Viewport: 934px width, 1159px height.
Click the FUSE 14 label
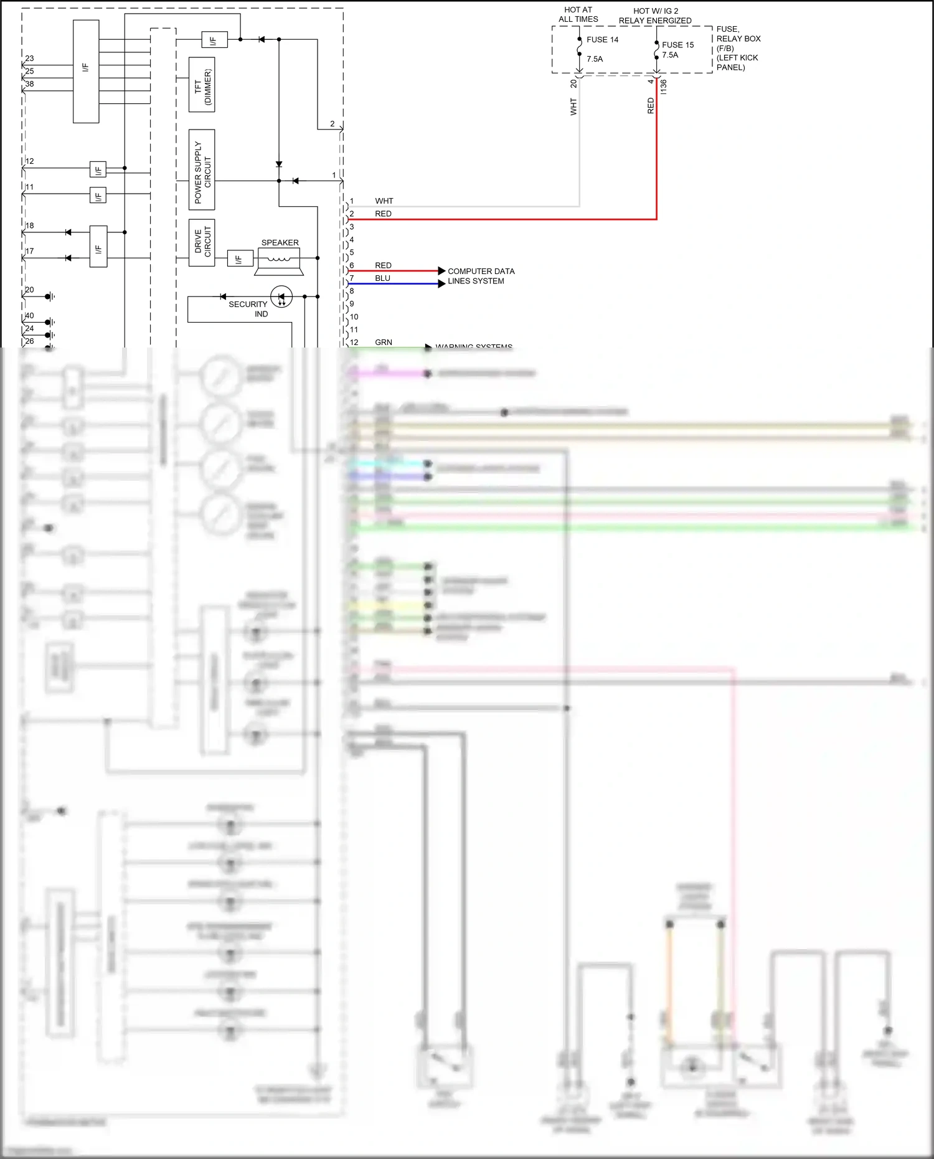(602, 40)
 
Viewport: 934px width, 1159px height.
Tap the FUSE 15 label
(677, 45)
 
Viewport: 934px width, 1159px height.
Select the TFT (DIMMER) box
(202, 85)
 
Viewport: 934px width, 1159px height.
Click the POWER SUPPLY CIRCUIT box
(202, 169)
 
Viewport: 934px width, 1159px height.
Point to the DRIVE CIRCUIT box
(202, 242)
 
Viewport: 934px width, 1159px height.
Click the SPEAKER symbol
(280, 260)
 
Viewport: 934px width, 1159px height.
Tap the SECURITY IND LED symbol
(281, 296)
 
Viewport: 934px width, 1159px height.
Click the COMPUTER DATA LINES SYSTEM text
(481, 276)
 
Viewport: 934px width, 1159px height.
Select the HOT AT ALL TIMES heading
(578, 14)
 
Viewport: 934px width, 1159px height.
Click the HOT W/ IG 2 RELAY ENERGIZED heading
(655, 16)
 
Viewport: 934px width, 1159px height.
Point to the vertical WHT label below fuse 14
(573, 106)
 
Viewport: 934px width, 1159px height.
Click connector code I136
(664, 87)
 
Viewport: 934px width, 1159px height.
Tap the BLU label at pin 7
(382, 278)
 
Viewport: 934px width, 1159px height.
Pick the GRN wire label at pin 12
(384, 342)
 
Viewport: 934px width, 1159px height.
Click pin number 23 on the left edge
(29, 59)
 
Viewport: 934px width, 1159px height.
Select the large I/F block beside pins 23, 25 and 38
(86, 71)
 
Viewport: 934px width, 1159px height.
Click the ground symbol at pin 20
(52, 296)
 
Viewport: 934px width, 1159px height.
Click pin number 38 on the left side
(29, 84)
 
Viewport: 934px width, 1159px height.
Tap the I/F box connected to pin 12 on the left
(98, 169)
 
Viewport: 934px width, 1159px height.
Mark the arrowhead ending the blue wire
(441, 283)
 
